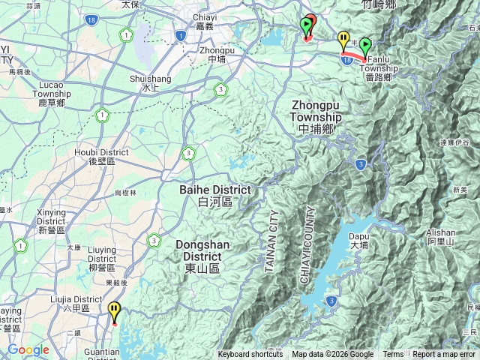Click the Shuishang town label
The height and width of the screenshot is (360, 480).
click(151, 82)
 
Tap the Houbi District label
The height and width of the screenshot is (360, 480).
click(101, 157)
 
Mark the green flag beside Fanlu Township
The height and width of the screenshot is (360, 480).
click(365, 46)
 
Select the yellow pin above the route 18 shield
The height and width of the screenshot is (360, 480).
click(343, 39)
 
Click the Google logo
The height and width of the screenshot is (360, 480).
click(28, 349)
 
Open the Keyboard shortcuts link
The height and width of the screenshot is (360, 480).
click(250, 355)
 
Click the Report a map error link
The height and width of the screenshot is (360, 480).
click(443, 355)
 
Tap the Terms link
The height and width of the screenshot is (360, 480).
click(393, 355)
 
